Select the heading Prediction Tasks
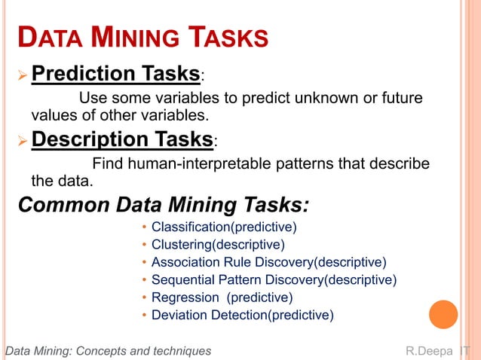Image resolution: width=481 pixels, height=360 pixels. point(115,74)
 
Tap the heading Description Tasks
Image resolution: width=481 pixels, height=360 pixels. point(122,139)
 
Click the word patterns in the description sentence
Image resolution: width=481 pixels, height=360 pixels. point(307,164)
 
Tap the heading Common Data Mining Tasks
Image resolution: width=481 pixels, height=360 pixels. point(163,205)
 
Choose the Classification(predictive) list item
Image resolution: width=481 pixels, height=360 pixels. point(224,227)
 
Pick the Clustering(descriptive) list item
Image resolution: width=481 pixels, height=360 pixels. point(218,244)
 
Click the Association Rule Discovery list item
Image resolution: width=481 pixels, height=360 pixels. point(268,262)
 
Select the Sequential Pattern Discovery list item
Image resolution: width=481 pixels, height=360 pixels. point(274,279)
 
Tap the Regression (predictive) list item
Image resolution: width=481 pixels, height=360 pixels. point(222,297)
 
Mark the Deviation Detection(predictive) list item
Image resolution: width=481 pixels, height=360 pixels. point(242,315)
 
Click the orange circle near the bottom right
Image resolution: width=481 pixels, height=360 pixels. point(443,315)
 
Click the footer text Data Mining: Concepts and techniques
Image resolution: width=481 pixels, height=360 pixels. point(108,351)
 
